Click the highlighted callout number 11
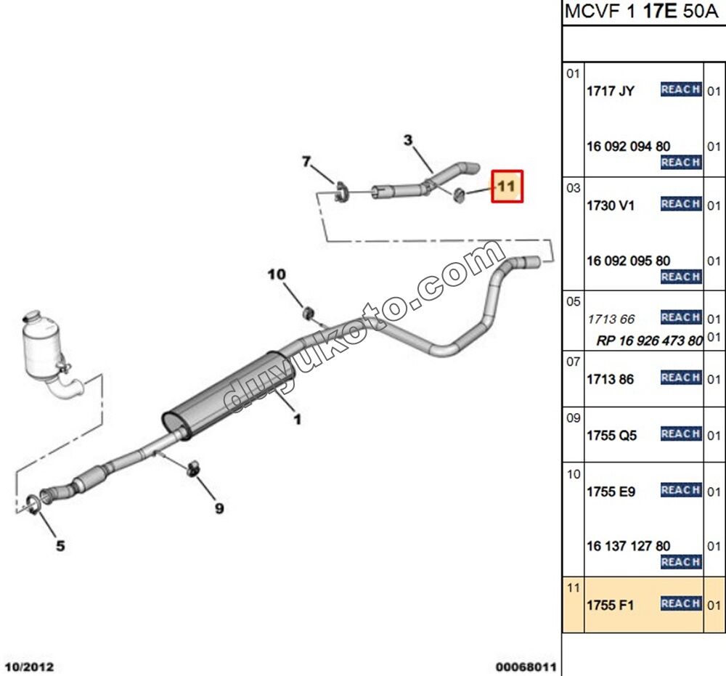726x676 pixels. click(x=507, y=187)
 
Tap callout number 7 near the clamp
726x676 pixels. click(x=306, y=161)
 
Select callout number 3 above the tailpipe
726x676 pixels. click(x=408, y=139)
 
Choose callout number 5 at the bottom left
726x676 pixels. click(x=60, y=545)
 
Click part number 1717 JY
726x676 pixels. click(x=611, y=91)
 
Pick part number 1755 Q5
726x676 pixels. click(x=612, y=435)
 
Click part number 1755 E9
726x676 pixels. click(x=611, y=492)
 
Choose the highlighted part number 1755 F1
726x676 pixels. click(x=611, y=605)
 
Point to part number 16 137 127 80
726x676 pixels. click(x=629, y=546)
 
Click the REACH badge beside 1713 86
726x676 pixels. click(x=680, y=378)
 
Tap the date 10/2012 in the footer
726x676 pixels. click(x=29, y=666)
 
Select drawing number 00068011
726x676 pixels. click(x=526, y=666)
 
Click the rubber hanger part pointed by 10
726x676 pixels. click(x=308, y=313)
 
